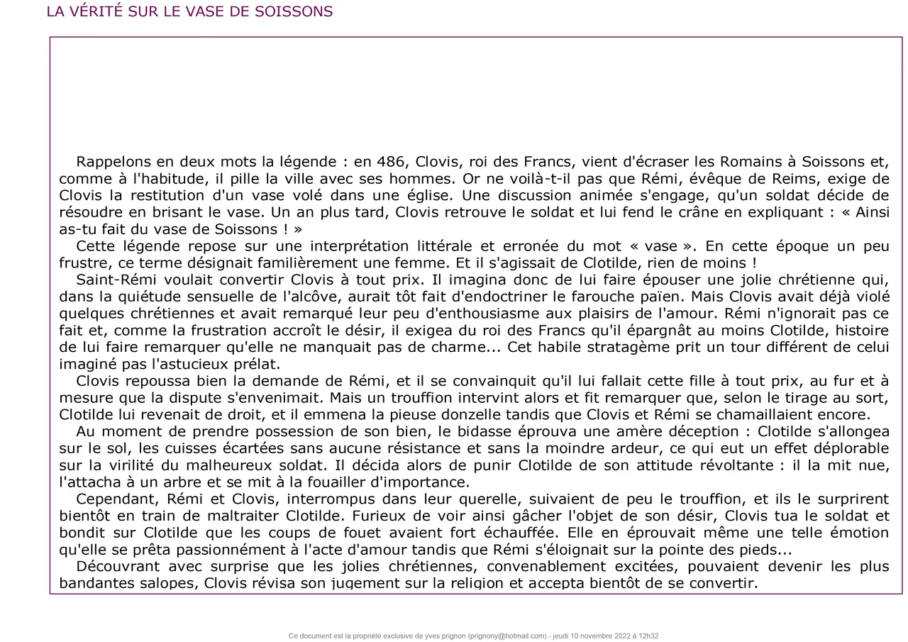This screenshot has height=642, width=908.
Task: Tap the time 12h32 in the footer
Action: point(647,636)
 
